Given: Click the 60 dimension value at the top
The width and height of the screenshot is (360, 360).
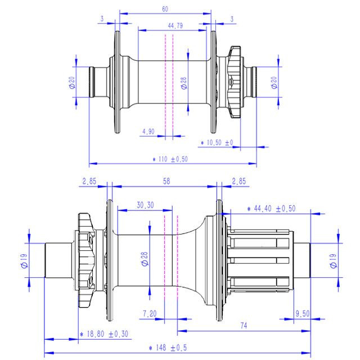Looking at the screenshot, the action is tap(165, 9).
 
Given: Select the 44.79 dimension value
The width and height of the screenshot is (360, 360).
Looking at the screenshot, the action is tap(175, 25).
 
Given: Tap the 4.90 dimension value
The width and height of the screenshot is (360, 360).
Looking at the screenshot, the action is tap(148, 132).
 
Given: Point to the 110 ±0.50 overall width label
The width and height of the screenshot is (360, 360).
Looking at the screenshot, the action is tap(170, 159).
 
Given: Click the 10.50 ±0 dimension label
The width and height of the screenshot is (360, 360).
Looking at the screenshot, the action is tap(217, 142).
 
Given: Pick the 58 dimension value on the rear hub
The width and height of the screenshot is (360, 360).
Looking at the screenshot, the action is tap(166, 181).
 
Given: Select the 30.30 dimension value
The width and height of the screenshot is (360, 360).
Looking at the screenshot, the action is tap(145, 205).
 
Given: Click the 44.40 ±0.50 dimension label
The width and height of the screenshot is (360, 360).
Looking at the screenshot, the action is tap(271, 209).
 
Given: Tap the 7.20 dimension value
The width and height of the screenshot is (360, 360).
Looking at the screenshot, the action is tap(150, 314).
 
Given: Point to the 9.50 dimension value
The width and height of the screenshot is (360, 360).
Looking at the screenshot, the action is tap(303, 314).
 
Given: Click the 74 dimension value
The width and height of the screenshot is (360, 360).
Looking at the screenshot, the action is tap(244, 326).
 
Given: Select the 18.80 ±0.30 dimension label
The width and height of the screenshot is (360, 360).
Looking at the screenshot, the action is tap(104, 334).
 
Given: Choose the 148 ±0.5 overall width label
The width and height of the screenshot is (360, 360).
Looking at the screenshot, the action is tap(168, 348).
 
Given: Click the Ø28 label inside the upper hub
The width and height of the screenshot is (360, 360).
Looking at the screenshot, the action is tap(184, 83).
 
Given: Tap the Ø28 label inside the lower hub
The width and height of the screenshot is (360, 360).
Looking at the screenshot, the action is tap(145, 259).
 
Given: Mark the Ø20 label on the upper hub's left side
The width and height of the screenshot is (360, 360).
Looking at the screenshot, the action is tap(72, 83).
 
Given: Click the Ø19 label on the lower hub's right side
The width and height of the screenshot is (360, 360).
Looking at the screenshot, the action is tap(333, 261).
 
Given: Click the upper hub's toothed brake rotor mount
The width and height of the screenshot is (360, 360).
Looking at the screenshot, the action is tap(234, 82).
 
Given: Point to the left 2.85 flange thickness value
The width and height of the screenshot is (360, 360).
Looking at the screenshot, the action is tap(89, 181).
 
